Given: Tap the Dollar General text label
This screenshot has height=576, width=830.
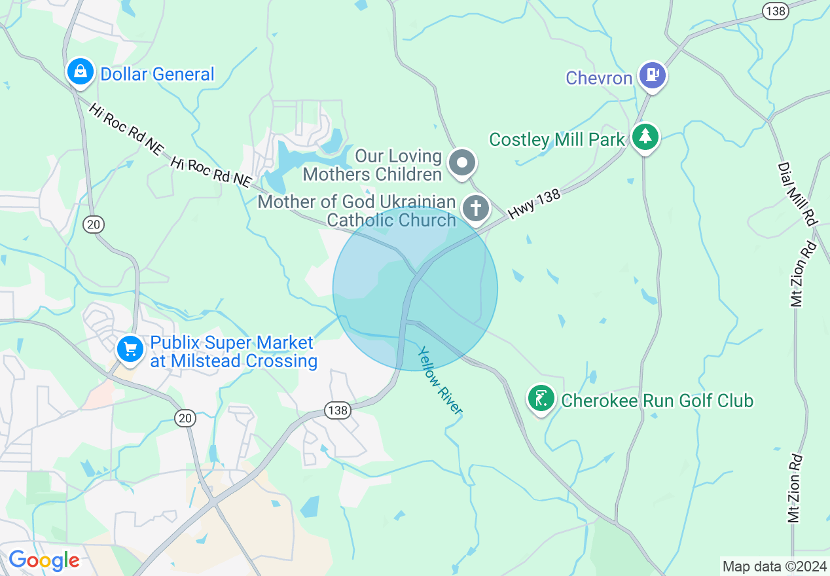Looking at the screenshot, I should tap(157, 75).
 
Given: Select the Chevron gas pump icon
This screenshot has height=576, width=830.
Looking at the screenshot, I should tap(652, 75).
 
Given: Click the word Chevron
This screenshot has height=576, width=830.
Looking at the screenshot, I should tap(599, 79).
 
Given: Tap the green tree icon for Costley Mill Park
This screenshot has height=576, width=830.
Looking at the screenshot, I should tap(646, 136).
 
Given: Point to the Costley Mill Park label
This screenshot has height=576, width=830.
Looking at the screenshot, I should tap(557, 139).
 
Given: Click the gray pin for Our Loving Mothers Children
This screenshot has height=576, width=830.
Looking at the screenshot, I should tap(463, 162).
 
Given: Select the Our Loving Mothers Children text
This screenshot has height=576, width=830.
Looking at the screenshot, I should tap(372, 166).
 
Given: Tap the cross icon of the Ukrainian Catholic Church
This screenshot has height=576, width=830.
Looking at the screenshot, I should tap(476, 209).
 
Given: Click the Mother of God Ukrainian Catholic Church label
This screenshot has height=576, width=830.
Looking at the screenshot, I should tap(357, 211).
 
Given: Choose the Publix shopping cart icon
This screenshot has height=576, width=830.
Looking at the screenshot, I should tap(130, 348).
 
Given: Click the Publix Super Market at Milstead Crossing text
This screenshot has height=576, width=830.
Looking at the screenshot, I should tap(233, 352).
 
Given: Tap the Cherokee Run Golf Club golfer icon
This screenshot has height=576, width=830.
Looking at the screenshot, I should tap(541, 398).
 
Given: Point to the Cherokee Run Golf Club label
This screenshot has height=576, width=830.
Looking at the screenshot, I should tap(657, 401).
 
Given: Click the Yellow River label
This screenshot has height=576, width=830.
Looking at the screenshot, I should tap(441, 380).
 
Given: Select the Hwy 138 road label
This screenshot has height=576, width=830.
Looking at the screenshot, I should tap(534, 205).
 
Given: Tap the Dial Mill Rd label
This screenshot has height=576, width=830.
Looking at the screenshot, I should tap(798, 194).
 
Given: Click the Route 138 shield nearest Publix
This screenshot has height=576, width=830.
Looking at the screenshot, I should tap(338, 410).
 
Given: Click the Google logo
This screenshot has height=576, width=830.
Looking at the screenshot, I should tap(44, 560).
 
